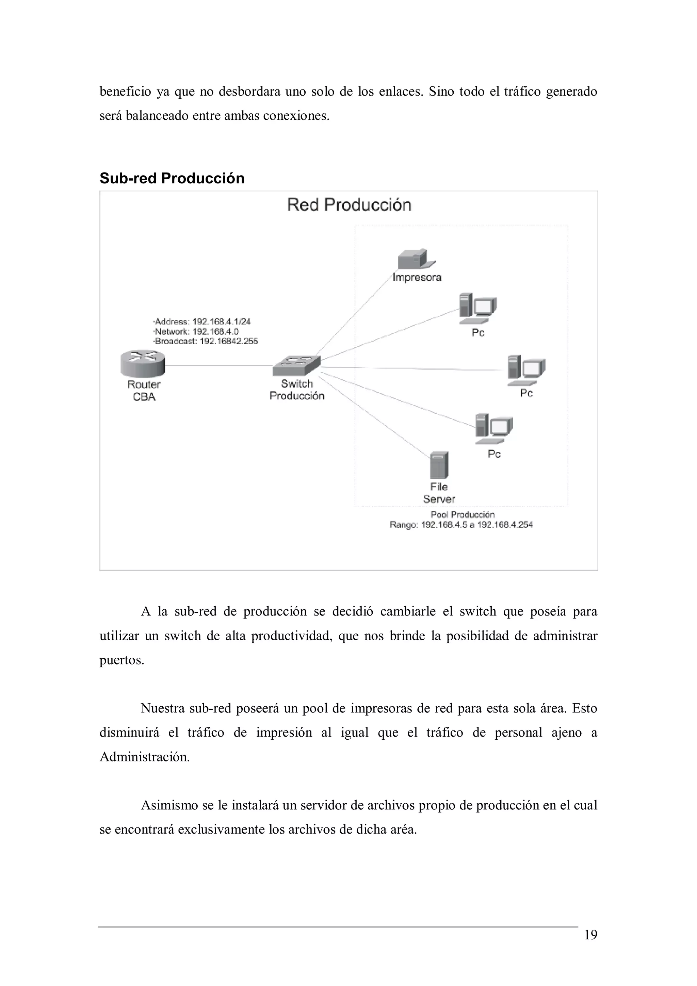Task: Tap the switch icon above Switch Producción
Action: tap(297, 366)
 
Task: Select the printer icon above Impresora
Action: tap(415, 259)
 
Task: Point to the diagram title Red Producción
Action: tap(349, 205)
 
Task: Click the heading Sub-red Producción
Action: tap(172, 178)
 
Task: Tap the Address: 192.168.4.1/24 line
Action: tap(202, 321)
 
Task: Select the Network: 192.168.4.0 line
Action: tap(196, 331)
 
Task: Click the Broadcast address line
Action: tap(206, 341)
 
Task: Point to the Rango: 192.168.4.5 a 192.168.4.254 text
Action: tap(461, 525)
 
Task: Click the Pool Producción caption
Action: tap(463, 514)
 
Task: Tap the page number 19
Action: tap(590, 935)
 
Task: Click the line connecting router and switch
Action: tap(219, 365)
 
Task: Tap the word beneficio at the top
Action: tap(125, 92)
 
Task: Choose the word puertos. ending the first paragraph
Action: tap(121, 660)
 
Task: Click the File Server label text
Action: tap(439, 493)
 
